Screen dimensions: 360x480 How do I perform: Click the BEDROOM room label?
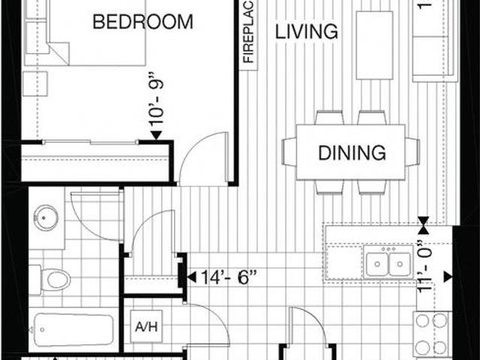pos(142,22)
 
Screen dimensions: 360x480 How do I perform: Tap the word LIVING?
pos(306,31)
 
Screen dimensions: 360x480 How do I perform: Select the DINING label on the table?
pos(352,153)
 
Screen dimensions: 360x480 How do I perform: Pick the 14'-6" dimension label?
pos(229,278)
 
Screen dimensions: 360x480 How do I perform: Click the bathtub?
pos(73,328)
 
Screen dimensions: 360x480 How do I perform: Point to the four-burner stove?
pos(431,334)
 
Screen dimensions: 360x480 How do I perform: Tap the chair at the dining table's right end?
pos(412,152)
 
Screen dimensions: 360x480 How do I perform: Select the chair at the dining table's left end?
pos(289,152)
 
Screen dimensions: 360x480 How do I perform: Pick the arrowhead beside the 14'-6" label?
pos(190,278)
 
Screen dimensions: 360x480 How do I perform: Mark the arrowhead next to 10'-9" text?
pos(157,135)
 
